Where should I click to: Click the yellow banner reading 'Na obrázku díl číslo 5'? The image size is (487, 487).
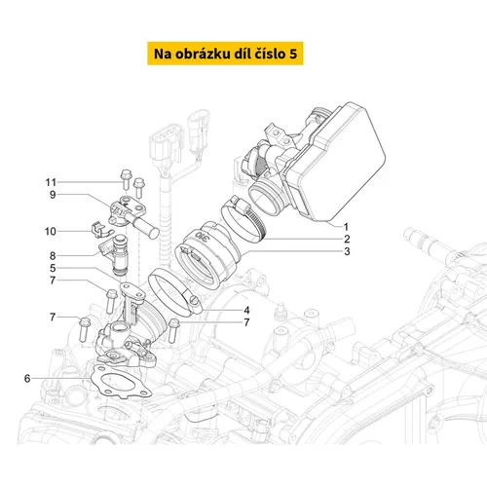225,54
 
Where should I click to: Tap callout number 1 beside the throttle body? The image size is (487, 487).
346,227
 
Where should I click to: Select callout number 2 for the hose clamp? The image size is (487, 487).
347,239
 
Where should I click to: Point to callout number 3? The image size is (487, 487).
347,251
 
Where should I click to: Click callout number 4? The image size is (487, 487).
246,311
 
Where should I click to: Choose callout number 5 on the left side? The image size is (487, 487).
53,268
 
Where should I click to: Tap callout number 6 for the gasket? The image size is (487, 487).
27,378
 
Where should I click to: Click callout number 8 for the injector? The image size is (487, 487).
53,256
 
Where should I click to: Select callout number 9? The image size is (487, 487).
53,195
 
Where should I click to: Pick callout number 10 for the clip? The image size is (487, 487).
51,232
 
